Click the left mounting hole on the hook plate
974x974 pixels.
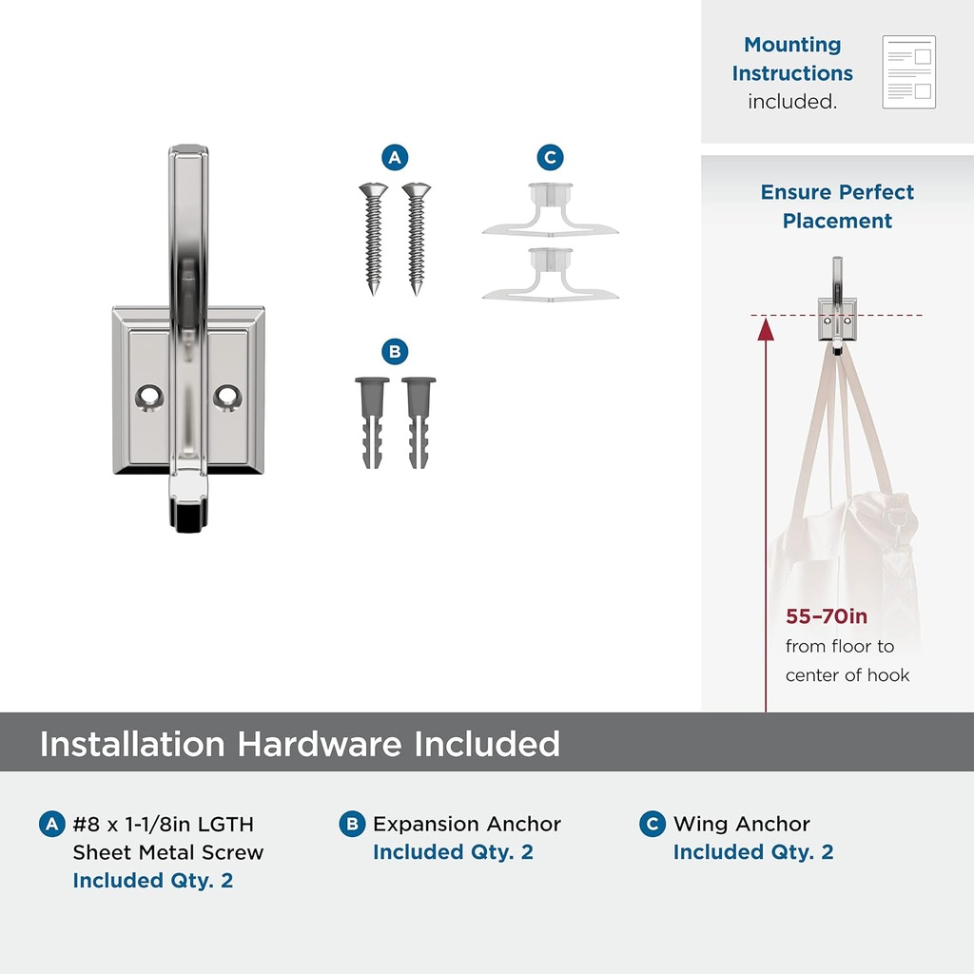click(149, 398)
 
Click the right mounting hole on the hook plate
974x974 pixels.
click(227, 398)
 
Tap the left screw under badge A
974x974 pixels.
click(373, 239)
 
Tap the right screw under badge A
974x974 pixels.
click(417, 239)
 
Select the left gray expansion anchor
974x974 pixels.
click(372, 422)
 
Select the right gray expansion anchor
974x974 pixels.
click(419, 422)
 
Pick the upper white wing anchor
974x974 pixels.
click(551, 210)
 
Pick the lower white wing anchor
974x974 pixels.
click(551, 275)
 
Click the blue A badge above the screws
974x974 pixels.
click(395, 158)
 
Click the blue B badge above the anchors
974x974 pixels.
click(395, 352)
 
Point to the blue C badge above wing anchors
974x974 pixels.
click(551, 158)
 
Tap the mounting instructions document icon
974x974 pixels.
click(908, 72)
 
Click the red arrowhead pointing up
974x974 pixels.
click(766, 329)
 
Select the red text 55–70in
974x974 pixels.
click(827, 616)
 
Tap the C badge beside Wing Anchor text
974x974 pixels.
click(653, 824)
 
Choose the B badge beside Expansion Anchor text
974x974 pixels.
click(352, 824)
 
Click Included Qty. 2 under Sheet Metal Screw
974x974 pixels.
click(153, 880)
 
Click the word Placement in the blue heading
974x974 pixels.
click(837, 221)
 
